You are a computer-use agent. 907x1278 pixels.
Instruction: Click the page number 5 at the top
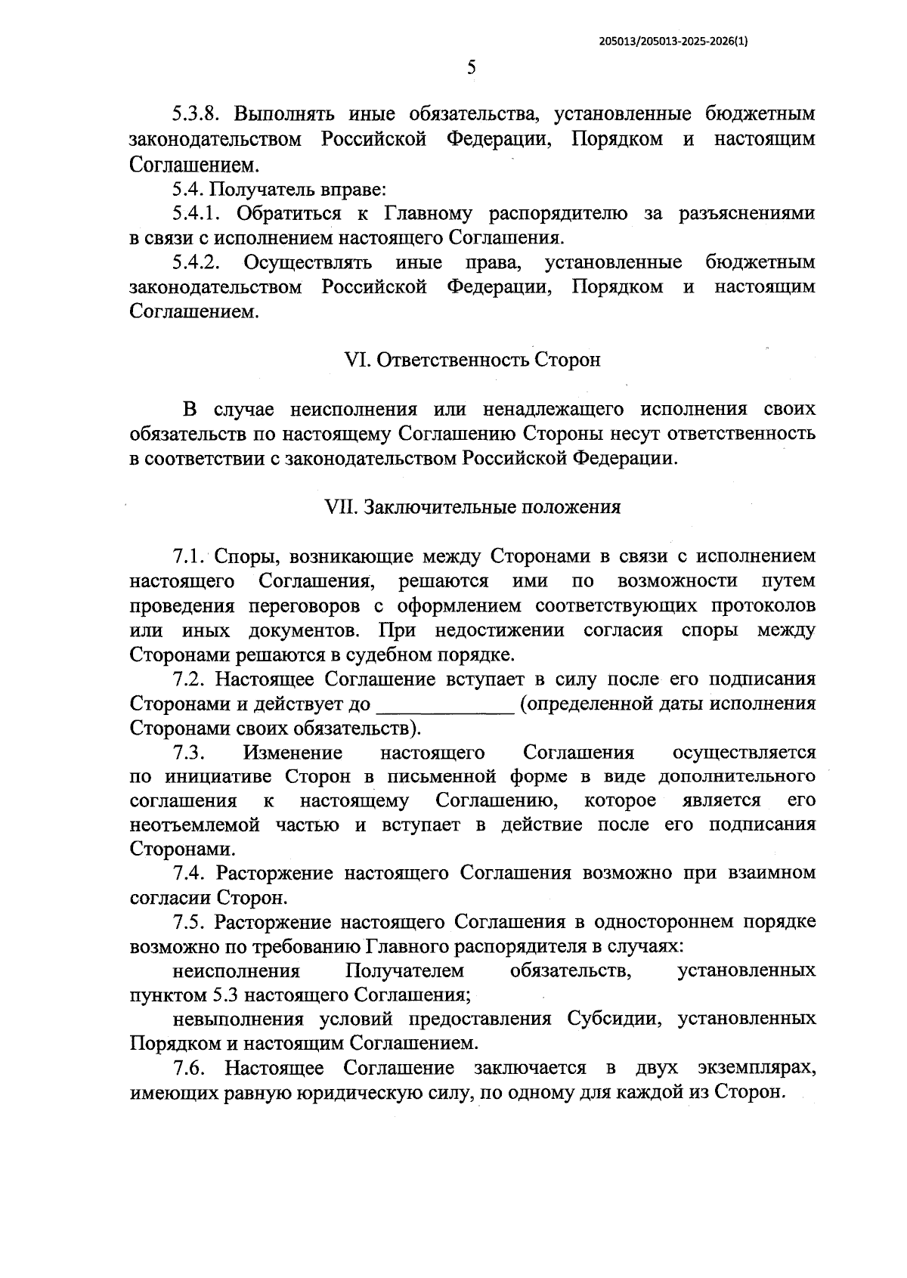tap(472, 69)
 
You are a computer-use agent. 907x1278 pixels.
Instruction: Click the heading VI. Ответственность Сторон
tap(472, 360)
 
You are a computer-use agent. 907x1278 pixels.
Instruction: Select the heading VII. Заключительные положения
tap(472, 507)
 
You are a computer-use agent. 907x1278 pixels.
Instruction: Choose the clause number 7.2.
tap(190, 679)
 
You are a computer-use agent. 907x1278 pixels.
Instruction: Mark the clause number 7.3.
tap(190, 753)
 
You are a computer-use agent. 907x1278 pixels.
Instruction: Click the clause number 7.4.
tap(190, 874)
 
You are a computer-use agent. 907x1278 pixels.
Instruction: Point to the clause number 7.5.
tap(190, 923)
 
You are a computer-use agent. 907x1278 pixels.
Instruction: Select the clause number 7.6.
tap(190, 1069)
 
